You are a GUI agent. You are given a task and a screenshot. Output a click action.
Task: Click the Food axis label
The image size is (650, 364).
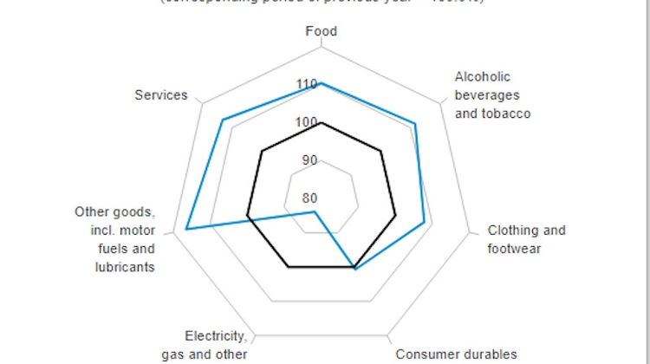pyautogui.click(x=322, y=32)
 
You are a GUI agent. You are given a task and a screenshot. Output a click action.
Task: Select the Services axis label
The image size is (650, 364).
pyautogui.click(x=161, y=95)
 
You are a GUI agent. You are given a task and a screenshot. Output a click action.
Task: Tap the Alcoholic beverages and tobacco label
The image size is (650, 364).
pyautogui.click(x=492, y=95)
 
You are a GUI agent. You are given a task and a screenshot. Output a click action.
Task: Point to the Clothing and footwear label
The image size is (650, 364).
pyautogui.click(x=526, y=239)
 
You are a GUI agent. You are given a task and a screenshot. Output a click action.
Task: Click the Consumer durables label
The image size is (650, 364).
pyautogui.click(x=457, y=354)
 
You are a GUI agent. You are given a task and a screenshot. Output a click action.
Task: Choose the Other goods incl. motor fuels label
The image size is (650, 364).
pyautogui.click(x=114, y=239)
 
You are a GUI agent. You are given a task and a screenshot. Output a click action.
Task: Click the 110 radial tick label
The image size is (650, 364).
pyautogui.click(x=306, y=84)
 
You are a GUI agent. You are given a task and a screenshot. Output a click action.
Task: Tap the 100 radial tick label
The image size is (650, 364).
pyautogui.click(x=306, y=123)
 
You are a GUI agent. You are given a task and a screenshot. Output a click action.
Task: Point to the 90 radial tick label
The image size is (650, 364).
pyautogui.click(x=309, y=160)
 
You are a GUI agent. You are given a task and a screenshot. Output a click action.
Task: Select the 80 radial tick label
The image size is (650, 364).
pyautogui.click(x=309, y=198)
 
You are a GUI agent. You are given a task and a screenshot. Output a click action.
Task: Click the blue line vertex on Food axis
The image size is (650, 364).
pyautogui.click(x=322, y=83)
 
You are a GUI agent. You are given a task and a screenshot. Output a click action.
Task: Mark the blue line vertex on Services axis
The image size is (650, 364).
pyautogui.click(x=223, y=120)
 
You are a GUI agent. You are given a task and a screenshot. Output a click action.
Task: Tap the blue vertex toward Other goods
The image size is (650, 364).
pyautogui.click(x=186, y=230)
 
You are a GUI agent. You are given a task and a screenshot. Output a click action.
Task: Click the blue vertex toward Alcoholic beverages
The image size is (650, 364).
pyautogui.click(x=415, y=124)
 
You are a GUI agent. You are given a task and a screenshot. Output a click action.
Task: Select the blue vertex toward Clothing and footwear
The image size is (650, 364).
pyautogui.click(x=424, y=223)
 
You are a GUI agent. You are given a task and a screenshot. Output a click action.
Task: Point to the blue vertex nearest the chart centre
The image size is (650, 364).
pyautogui.click(x=315, y=211)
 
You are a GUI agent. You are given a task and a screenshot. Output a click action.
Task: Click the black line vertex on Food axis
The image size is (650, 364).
pyautogui.click(x=322, y=123)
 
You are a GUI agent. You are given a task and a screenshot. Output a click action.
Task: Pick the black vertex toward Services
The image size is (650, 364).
pyautogui.click(x=262, y=152)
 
